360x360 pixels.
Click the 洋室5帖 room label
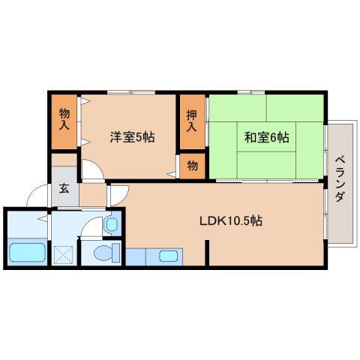click(x=132, y=137)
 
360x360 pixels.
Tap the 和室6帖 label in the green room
click(x=266, y=137)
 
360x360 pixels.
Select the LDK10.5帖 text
click(x=231, y=220)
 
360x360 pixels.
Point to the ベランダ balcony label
click(x=340, y=179)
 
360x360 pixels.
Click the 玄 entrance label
click(x=64, y=188)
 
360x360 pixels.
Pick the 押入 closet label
click(x=192, y=121)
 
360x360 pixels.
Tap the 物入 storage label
click(x=64, y=119)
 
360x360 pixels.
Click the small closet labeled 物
click(x=193, y=166)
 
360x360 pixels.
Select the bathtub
click(x=27, y=253)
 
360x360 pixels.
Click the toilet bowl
click(x=103, y=253)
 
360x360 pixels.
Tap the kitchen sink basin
click(x=168, y=256)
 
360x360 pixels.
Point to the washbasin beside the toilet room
click(x=112, y=224)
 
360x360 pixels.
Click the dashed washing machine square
click(x=63, y=255)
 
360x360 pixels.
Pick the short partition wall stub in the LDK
click(x=207, y=253)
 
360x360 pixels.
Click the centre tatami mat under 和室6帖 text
click(x=266, y=137)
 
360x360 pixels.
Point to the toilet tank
click(x=116, y=253)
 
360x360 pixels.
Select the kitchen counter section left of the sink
click(x=136, y=256)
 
